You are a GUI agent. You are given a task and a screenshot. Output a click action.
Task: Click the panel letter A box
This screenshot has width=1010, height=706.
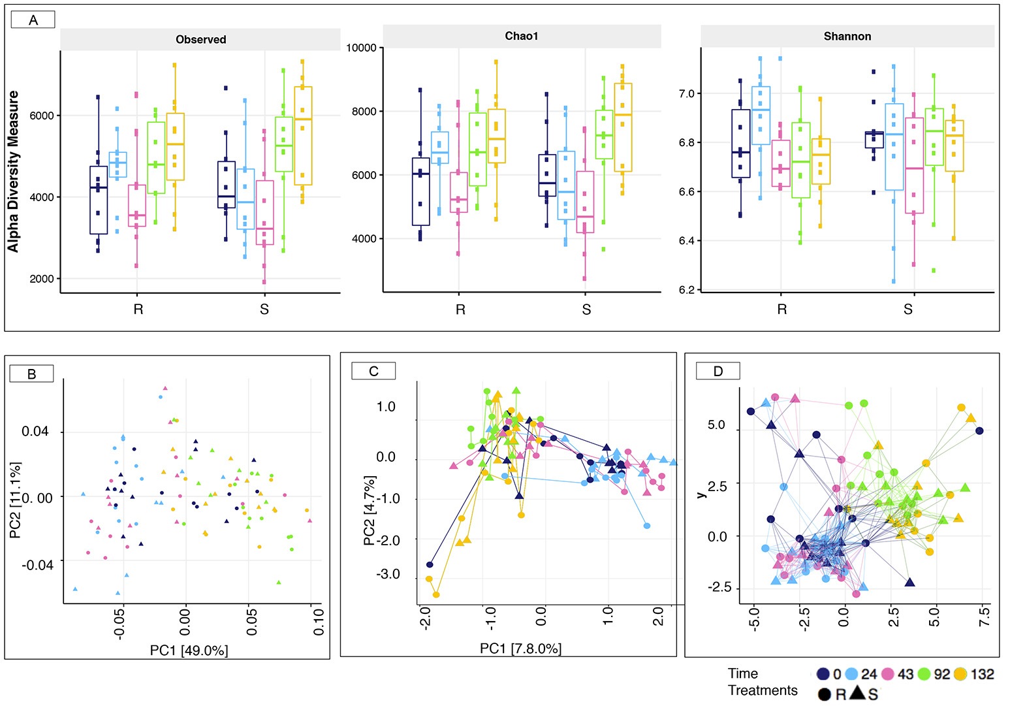tap(33, 20)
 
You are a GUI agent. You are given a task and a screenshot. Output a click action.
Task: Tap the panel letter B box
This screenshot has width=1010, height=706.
tap(31, 374)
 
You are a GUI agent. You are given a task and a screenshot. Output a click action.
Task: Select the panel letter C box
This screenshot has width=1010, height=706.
tap(373, 371)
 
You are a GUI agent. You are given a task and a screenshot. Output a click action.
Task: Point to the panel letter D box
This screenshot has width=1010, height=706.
tap(718, 371)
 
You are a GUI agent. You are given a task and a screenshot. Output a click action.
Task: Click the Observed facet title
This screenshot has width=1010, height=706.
tap(200, 39)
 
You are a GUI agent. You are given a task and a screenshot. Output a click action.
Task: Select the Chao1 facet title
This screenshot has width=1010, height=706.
tap(522, 36)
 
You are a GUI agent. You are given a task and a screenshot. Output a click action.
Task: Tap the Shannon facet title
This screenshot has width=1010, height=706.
tap(847, 36)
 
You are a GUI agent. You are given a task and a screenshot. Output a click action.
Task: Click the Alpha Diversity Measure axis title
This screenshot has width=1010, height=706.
tap(13, 171)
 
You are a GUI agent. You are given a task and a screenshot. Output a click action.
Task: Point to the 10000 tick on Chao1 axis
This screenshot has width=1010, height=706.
tap(361, 48)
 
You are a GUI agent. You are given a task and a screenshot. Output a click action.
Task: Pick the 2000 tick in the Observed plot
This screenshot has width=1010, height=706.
tap(42, 279)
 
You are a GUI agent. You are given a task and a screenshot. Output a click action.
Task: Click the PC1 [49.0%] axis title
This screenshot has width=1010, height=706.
tap(189, 650)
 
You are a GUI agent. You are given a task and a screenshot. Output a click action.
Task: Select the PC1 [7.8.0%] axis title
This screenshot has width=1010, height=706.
tap(520, 648)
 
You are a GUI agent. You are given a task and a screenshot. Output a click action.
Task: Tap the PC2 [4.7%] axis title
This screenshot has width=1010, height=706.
tap(370, 511)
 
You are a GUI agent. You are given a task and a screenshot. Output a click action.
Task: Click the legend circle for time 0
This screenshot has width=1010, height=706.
tap(823, 674)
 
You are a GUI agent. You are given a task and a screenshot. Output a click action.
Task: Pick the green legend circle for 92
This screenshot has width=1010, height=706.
tap(924, 674)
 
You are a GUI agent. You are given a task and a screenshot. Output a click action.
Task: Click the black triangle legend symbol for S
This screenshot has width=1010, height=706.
tap(858, 692)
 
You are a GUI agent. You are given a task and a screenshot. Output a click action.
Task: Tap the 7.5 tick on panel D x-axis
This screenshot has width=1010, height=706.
tap(985, 617)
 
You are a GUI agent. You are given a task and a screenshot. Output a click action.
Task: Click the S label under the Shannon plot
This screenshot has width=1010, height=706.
tap(907, 309)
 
